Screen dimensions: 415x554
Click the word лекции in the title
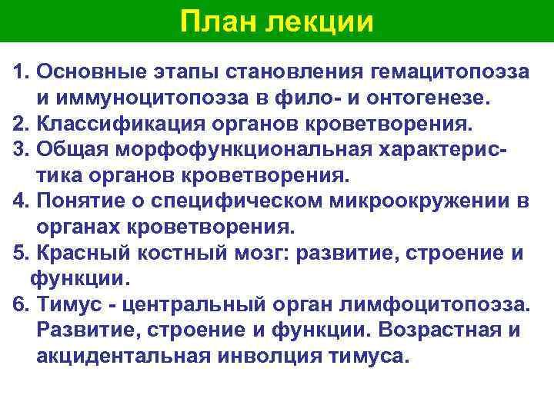pyautogui.click(x=319, y=22)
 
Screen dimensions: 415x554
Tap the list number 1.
pyautogui.click(x=20, y=71)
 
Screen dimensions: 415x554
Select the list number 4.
pyautogui.click(x=20, y=201)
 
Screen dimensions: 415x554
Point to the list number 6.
pyautogui.click(x=20, y=305)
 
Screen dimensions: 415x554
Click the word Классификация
pyautogui.click(x=103, y=124)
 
